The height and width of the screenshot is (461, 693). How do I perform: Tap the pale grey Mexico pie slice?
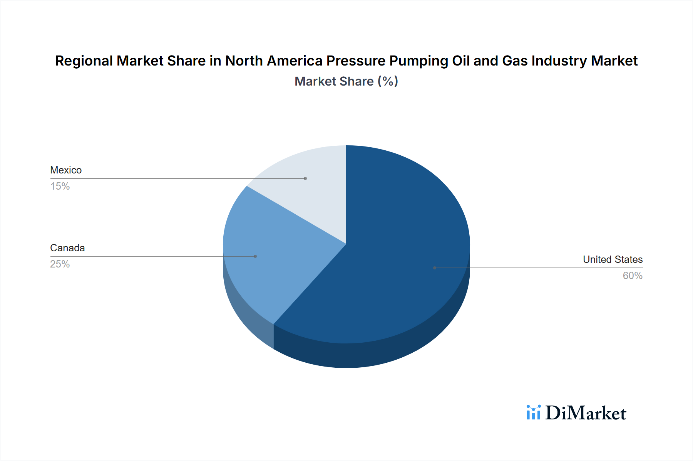click(312, 185)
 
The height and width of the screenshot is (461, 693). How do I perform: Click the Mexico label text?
click(66, 170)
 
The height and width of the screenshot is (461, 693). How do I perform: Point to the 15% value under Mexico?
click(60, 186)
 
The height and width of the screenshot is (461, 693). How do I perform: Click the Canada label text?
click(67, 248)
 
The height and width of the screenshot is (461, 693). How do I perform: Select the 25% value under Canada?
click(60, 264)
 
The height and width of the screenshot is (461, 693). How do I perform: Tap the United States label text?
click(613, 259)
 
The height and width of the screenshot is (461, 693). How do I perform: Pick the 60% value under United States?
click(633, 276)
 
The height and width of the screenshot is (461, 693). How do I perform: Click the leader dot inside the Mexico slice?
click(305, 178)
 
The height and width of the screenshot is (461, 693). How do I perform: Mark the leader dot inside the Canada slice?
click(255, 256)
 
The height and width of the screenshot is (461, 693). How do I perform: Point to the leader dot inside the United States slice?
click(435, 268)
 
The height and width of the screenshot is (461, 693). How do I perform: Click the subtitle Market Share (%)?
click(346, 81)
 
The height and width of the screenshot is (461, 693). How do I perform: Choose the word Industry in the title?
click(560, 61)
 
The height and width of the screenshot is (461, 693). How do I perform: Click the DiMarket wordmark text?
click(586, 413)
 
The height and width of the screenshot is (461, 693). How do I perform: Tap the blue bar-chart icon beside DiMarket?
click(533, 412)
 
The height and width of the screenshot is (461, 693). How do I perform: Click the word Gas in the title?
click(514, 61)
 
